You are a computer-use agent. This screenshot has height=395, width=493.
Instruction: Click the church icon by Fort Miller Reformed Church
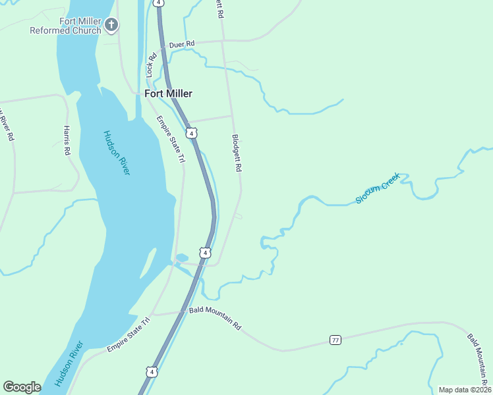[111, 26]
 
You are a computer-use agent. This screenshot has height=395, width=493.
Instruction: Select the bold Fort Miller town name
[169, 93]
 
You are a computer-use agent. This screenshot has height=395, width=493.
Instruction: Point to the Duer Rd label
[182, 44]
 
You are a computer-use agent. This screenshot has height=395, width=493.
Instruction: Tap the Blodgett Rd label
[237, 153]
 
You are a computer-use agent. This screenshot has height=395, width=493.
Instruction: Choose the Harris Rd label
[67, 140]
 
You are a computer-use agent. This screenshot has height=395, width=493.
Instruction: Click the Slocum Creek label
[378, 188]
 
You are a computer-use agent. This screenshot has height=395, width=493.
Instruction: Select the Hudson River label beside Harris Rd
[117, 153]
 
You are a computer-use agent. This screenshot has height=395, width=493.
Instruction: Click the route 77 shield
[335, 340]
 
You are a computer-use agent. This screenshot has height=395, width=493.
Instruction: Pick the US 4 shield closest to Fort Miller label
[191, 133]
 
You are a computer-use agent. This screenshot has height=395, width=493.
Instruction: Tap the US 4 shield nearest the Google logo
[152, 371]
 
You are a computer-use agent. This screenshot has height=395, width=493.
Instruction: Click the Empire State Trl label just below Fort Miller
[170, 139]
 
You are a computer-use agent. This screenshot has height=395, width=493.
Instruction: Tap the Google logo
[22, 387]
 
